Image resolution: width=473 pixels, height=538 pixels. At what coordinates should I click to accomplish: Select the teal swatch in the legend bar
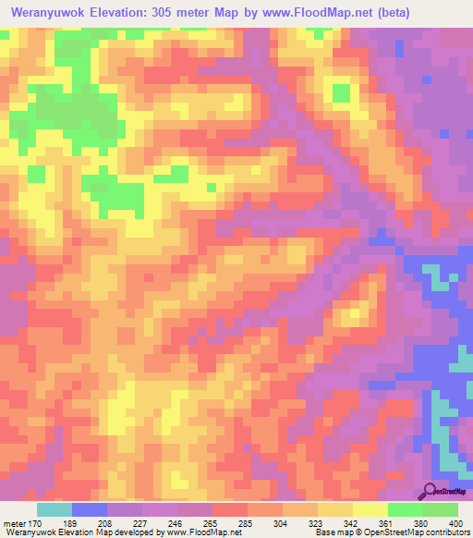pos(54,509)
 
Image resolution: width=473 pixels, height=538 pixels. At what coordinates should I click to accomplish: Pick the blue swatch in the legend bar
pos(89,509)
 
